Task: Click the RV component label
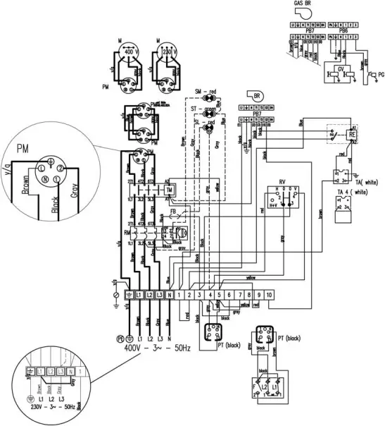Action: (282, 181)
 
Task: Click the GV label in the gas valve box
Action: (341, 71)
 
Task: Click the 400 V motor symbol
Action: (129, 53)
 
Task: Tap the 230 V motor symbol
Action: (169, 53)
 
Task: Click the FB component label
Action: (173, 209)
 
